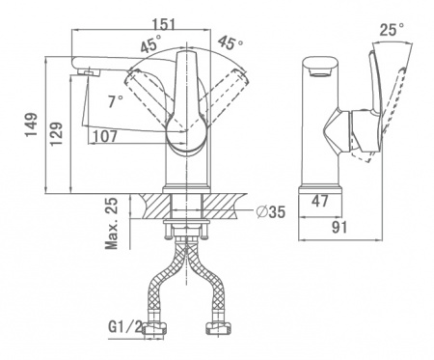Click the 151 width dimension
coord(164,24)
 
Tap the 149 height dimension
coord(32,125)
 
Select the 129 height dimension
coord(57,133)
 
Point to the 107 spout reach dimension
coord(105,136)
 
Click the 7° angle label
coord(115,101)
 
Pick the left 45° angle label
coord(150,43)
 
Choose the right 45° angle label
coord(231,42)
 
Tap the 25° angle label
coord(392,30)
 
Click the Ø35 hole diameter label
coord(271,211)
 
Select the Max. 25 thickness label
coord(112,224)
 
